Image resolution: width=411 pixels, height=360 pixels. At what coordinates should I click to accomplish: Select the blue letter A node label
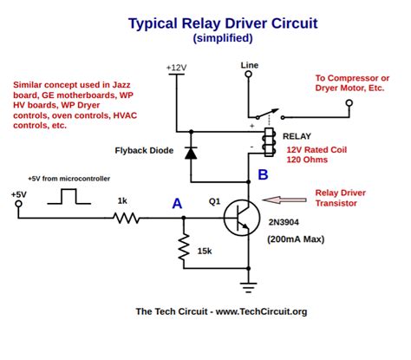click(x=176, y=204)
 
